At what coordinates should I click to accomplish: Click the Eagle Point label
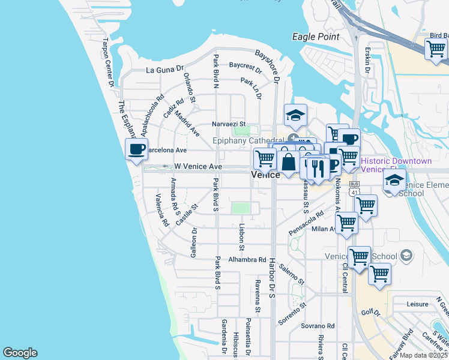click(315, 37)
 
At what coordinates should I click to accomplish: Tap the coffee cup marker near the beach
click(137, 149)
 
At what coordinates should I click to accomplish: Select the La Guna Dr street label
click(164, 70)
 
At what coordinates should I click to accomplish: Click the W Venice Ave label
click(198, 167)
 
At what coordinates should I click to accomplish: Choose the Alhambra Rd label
click(247, 260)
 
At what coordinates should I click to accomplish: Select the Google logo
click(20, 353)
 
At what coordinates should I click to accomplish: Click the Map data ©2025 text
click(424, 355)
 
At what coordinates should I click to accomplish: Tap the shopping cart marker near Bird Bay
click(436, 50)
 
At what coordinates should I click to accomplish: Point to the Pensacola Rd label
click(306, 222)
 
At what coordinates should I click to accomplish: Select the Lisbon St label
click(241, 238)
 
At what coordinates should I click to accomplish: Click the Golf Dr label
click(372, 313)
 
